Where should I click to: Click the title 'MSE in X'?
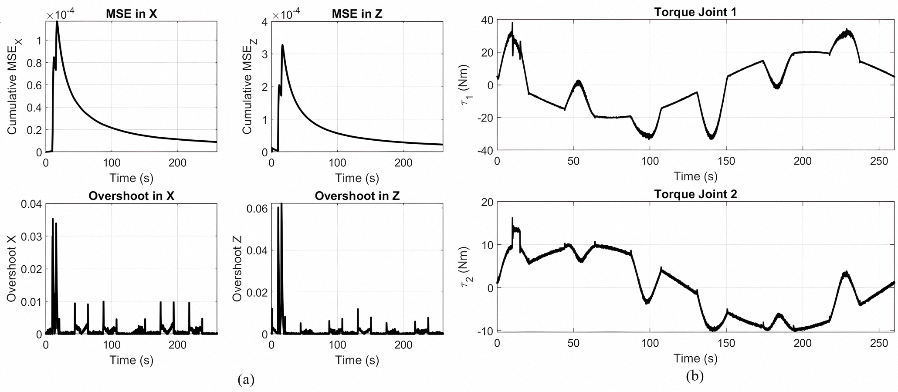tap(131, 14)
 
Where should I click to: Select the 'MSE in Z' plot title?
tap(357, 14)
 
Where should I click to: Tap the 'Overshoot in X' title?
tap(131, 196)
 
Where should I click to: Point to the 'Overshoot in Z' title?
tap(357, 196)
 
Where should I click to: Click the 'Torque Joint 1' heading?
tap(695, 12)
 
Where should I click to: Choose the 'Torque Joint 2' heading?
tap(695, 194)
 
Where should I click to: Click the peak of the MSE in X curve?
tap(57, 22)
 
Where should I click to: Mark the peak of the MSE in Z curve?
tap(282, 45)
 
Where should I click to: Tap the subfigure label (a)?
tap(246, 379)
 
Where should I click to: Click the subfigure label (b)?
tap(695, 375)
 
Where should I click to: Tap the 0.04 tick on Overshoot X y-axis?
tap(33, 204)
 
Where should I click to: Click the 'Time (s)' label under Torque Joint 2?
tap(695, 358)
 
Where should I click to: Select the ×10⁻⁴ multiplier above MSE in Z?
tap(286, 15)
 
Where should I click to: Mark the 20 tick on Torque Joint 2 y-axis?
tap(487, 202)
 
